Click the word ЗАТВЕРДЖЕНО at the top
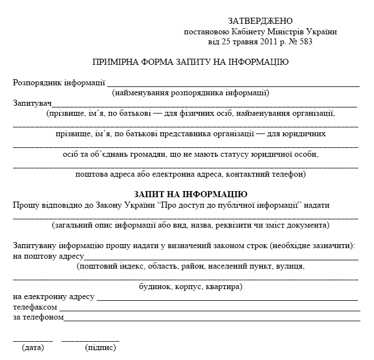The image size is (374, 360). coord(261,21)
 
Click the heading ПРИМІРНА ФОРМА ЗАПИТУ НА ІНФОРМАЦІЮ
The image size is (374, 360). coord(190,62)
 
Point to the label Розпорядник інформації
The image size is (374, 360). coord(59,83)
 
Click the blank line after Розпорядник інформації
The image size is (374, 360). coord(232,86)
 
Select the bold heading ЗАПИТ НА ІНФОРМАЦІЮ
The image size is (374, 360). coord(190,194)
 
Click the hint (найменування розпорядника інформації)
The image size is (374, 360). coord(190,92)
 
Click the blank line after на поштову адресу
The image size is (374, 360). coord(221,259)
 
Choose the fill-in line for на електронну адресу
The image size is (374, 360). coord(227,300)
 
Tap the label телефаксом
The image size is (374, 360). coord(35,307)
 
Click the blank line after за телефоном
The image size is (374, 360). coord(212,320)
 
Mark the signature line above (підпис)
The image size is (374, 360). coord(90,340)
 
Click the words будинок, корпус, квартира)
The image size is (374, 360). coord(190,287)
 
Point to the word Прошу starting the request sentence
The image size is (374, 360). coord(25,204)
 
